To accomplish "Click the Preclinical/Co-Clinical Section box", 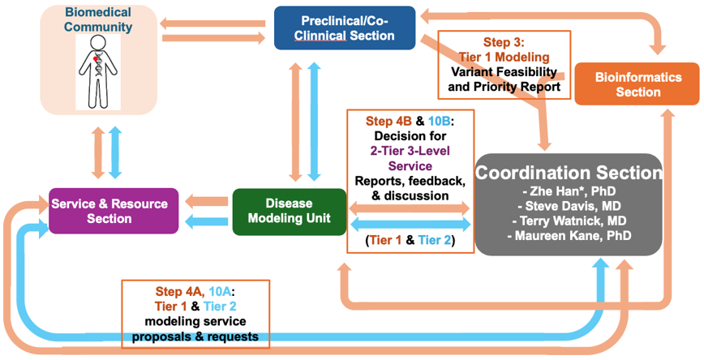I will [345, 27].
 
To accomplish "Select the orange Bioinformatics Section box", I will [637, 84].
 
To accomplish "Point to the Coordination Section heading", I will [569, 174].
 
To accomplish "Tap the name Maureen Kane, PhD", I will [570, 236].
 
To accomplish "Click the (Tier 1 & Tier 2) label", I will [410, 240].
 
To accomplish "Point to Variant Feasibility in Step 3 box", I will [504, 71].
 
